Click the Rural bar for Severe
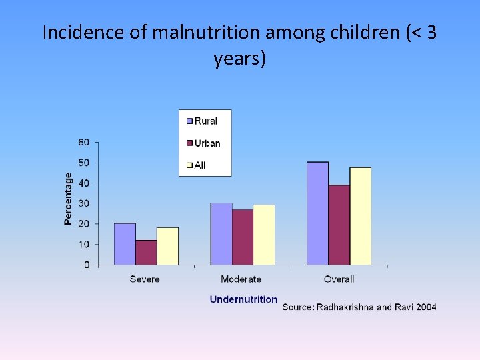click(x=125, y=244)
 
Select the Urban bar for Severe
click(x=146, y=253)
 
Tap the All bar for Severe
click(x=167, y=246)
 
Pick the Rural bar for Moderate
click(x=221, y=234)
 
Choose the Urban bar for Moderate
click(x=243, y=237)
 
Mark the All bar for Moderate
click(x=264, y=235)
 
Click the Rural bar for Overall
click(x=317, y=213)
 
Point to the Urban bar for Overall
click(x=339, y=225)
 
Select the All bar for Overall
click(x=360, y=216)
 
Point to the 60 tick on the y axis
click(x=84, y=142)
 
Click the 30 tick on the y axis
click(x=84, y=203)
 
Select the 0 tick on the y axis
click(x=87, y=265)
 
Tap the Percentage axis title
click(x=69, y=199)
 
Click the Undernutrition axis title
click(x=243, y=299)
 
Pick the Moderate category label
click(x=241, y=279)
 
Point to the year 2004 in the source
click(x=424, y=307)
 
